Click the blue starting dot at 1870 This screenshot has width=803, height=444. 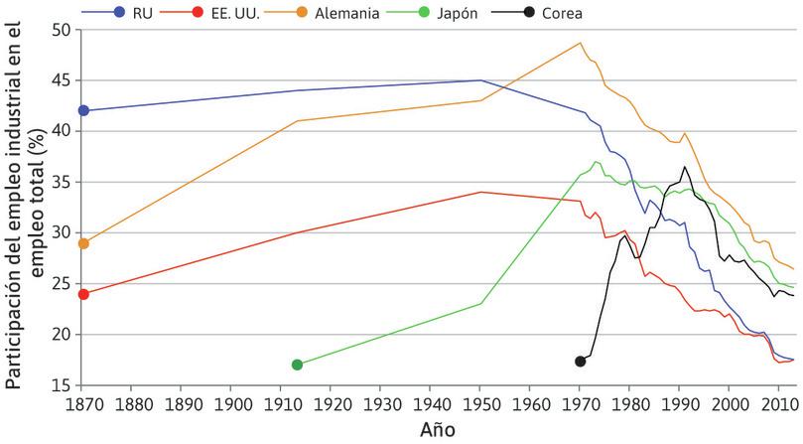point(83,110)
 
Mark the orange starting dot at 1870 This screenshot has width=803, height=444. point(83,243)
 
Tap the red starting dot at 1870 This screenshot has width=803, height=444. point(83,294)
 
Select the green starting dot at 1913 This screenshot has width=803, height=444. point(297,365)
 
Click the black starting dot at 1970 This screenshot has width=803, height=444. point(581,361)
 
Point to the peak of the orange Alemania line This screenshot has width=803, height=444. point(581,43)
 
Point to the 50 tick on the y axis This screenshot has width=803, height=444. point(62,30)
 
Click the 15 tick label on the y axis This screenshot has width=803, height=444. point(62,385)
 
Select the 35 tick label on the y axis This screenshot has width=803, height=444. point(62,182)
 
